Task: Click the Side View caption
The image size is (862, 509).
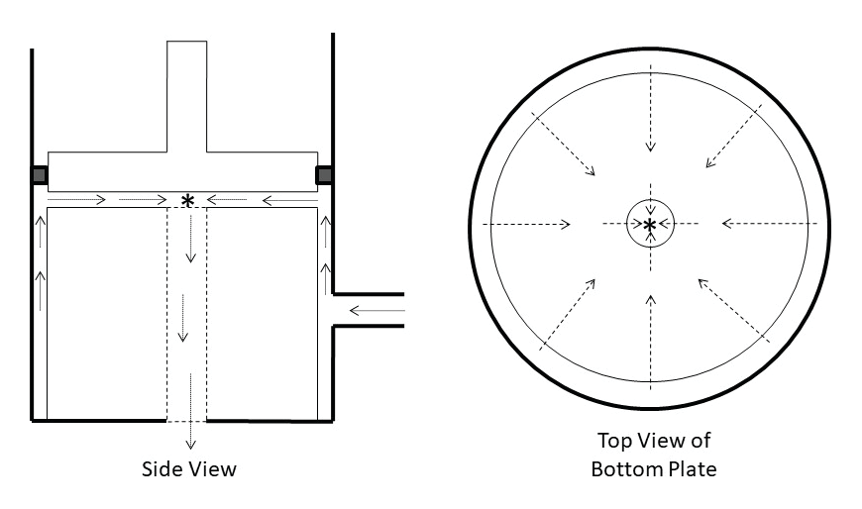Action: coord(189,468)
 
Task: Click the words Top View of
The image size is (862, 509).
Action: coord(654,441)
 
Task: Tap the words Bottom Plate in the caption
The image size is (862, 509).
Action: coord(654,468)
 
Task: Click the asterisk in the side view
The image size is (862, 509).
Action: coord(187,201)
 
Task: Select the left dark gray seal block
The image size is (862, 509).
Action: coord(39,175)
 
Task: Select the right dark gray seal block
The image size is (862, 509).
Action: coord(324,175)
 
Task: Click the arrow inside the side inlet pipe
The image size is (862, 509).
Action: coord(377,311)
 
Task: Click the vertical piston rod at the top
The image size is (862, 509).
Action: coord(187,96)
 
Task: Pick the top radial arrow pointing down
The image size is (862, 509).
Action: coord(651,108)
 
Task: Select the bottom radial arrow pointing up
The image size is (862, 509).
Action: coord(651,343)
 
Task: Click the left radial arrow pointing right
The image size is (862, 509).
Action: coord(526,224)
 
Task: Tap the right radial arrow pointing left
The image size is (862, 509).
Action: coord(770,223)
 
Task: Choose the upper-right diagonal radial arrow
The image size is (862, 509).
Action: coord(733,136)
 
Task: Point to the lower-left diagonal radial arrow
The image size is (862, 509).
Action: coord(568,315)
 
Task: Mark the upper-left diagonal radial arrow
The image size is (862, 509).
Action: coord(563,144)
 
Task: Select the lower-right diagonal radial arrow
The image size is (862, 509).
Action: coord(733,311)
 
